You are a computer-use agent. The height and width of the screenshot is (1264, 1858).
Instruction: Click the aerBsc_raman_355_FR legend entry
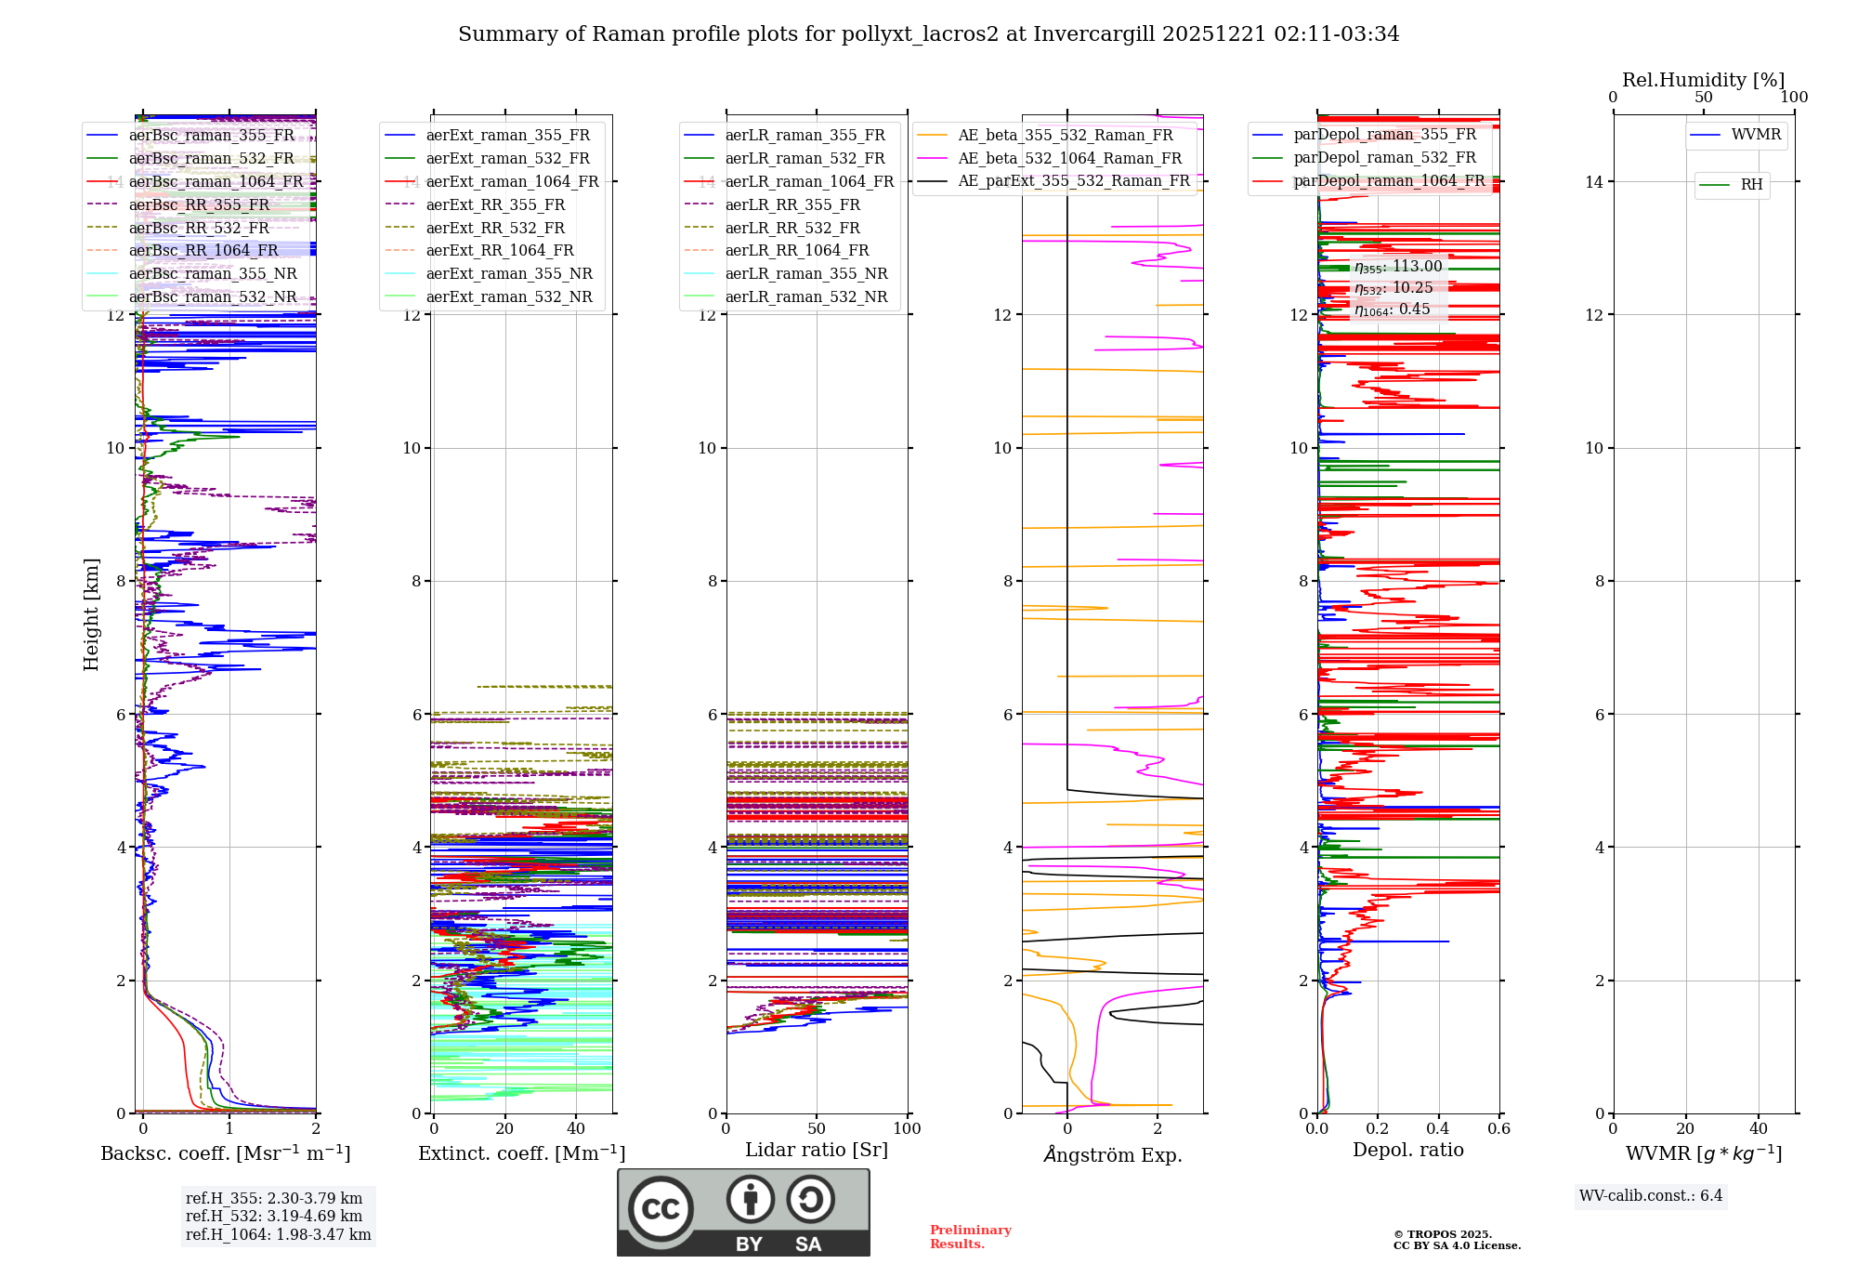[x=211, y=136]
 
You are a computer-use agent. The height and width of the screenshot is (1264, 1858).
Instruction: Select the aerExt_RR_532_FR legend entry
[x=494, y=228]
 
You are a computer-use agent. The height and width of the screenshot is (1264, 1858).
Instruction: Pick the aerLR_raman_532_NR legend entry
[x=805, y=297]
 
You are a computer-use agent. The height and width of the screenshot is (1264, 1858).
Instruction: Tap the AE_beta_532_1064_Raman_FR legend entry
[x=1069, y=159]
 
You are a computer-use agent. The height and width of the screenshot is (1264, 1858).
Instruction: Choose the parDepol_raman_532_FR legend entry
[x=1384, y=158]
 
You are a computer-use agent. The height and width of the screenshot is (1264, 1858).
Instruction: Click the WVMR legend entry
[x=1755, y=135]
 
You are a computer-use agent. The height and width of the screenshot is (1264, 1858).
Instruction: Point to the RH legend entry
[x=1751, y=185]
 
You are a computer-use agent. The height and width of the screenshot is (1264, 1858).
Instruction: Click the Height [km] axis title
[x=91, y=614]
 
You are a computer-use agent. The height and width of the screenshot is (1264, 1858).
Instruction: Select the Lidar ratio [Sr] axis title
[x=817, y=1150]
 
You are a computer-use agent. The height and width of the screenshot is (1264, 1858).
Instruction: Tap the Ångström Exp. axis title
[x=1113, y=1154]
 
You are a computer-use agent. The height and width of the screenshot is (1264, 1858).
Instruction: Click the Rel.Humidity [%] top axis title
[x=1703, y=80]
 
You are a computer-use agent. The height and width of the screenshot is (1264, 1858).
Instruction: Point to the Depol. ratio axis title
[x=1407, y=1150]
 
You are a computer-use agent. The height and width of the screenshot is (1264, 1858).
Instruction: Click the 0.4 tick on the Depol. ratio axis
[x=1438, y=1129]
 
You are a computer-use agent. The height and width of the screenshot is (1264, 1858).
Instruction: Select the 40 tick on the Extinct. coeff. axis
[x=576, y=1129]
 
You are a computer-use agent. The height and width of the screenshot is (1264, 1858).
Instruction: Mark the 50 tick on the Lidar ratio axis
[x=817, y=1129]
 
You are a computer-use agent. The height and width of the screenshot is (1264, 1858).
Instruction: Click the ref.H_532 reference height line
[x=274, y=1216]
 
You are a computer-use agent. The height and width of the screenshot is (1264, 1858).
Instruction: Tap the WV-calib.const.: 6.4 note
[x=1651, y=1196]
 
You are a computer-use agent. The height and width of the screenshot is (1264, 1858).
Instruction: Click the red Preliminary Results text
[x=970, y=1237]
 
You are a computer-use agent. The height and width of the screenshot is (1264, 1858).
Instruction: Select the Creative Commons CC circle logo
[x=661, y=1208]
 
